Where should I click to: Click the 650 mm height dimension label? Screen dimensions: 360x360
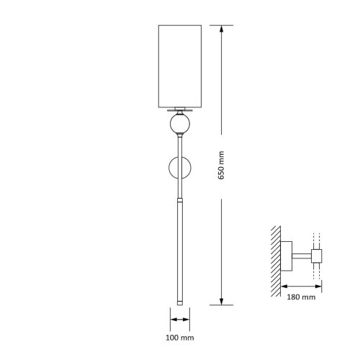point(221,165)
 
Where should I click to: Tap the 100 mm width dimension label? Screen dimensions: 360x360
point(180,338)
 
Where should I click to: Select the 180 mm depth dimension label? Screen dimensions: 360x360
point(301,297)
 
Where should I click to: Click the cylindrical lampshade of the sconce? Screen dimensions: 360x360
point(180,66)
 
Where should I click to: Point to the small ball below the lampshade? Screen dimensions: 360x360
point(180,124)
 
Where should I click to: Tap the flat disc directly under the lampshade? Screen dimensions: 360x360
point(180,110)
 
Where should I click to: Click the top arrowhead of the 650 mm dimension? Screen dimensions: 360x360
point(221,29)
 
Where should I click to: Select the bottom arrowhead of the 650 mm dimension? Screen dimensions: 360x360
point(221,302)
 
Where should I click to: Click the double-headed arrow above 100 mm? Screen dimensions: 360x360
point(180,320)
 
